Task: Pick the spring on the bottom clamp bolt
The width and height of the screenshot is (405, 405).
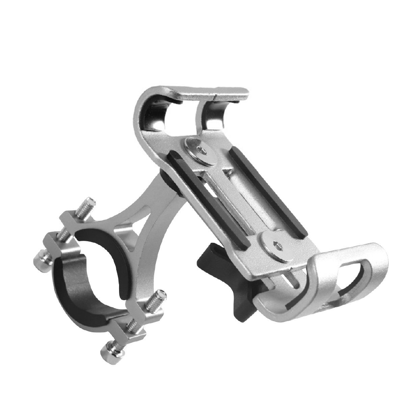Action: (x=131, y=326)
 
